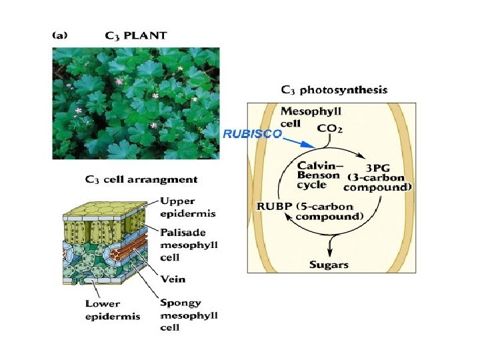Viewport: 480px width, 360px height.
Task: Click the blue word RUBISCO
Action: [x=252, y=133]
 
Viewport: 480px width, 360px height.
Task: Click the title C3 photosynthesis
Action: [x=333, y=90]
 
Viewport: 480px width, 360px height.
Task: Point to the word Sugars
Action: [x=329, y=265]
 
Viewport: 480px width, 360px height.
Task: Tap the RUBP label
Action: [x=273, y=205]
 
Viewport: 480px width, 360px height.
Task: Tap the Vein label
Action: [x=173, y=280]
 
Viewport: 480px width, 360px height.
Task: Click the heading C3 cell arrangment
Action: [x=141, y=179]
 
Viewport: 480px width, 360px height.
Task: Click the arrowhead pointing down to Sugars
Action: [x=329, y=253]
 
